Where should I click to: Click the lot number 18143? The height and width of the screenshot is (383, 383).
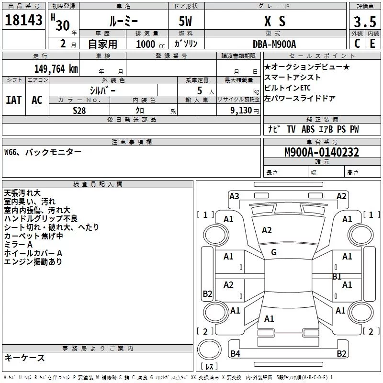pyautogui.click(x=23, y=20)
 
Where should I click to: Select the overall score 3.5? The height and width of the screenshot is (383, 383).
pyautogui.click(x=365, y=22)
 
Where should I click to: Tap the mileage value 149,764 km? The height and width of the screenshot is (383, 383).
pyautogui.click(x=56, y=69)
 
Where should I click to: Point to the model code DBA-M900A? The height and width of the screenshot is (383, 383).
pyautogui.click(x=274, y=44)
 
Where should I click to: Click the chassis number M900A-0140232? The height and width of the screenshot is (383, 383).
pyautogui.click(x=322, y=152)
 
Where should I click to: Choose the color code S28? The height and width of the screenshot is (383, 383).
pyautogui.click(x=79, y=111)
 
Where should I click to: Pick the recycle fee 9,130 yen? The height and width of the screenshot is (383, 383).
pyautogui.click(x=245, y=111)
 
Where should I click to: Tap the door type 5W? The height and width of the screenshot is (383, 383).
pyautogui.click(x=185, y=21)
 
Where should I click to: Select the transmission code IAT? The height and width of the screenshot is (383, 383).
pyautogui.click(x=14, y=100)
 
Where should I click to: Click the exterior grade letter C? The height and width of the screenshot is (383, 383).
pyautogui.click(x=357, y=44)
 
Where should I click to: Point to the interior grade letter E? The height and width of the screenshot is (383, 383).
pyautogui.click(x=372, y=44)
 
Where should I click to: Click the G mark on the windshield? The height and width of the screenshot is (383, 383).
pyautogui.click(x=274, y=252)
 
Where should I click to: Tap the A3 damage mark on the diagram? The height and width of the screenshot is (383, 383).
pyautogui.click(x=234, y=196)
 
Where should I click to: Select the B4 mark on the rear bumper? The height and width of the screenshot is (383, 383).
pyautogui.click(x=235, y=353)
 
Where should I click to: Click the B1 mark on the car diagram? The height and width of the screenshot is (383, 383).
pyautogui.click(x=337, y=277)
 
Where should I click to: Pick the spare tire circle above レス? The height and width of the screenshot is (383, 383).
pyautogui.click(x=209, y=349)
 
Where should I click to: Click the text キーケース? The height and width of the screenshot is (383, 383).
pyautogui.click(x=25, y=358)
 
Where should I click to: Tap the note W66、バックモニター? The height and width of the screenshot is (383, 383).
pyautogui.click(x=43, y=152)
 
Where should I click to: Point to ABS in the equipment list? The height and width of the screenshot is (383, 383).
pyautogui.click(x=308, y=129)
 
